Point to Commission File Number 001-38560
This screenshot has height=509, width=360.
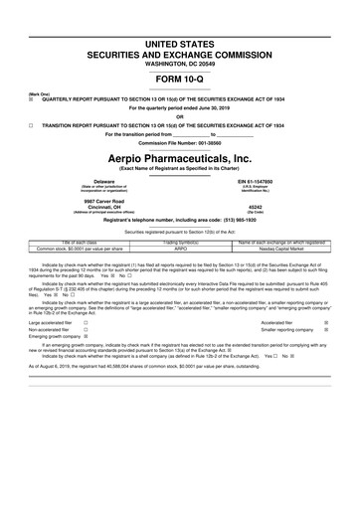click(180, 144)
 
